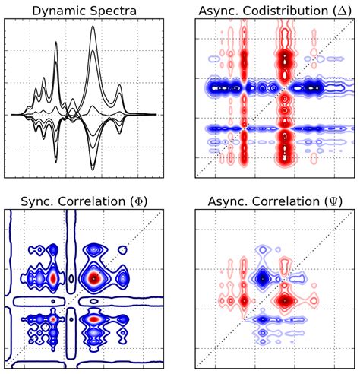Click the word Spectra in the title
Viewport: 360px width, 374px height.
pos(114,10)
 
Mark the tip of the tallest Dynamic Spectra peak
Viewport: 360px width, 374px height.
pos(93,28)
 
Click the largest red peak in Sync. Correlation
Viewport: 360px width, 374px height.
pos(94,278)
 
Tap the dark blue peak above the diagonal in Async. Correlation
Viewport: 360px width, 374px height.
pos(263,279)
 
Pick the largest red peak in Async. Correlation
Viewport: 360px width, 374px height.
pos(285,300)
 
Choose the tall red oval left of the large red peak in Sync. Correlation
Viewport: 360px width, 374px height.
pos(52,279)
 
